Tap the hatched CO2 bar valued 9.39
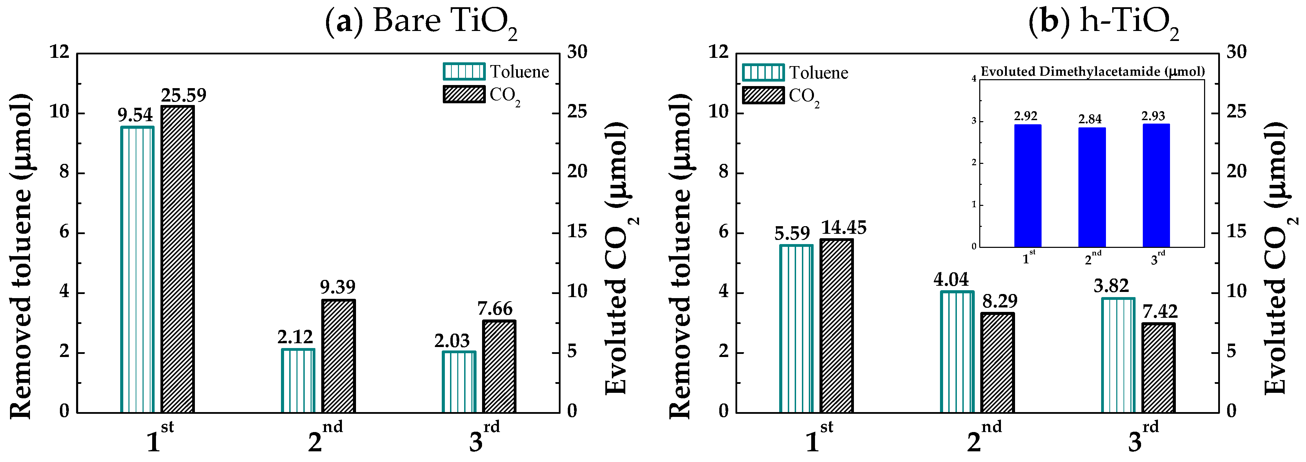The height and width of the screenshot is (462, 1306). pyautogui.click(x=338, y=356)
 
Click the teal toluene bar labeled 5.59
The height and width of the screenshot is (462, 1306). pyautogui.click(x=796, y=329)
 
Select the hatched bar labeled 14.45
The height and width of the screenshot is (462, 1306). pyautogui.click(x=837, y=326)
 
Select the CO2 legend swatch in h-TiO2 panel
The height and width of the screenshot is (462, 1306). pyautogui.click(x=763, y=95)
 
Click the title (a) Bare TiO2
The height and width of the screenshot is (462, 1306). pyautogui.click(x=421, y=23)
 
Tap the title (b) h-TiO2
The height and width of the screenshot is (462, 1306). pyautogui.click(x=1103, y=23)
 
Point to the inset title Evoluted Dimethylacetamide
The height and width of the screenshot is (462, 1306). pyautogui.click(x=1093, y=72)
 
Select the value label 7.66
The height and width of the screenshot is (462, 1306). pyautogui.click(x=495, y=308)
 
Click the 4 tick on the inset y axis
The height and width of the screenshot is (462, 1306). pyautogui.click(x=973, y=79)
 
